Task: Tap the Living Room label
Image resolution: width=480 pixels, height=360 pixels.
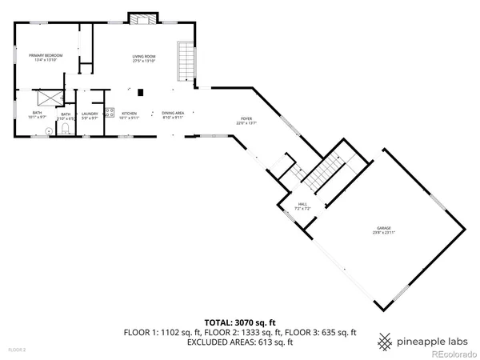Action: pos(143,57)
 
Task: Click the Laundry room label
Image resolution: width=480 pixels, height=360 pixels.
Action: pos(90,115)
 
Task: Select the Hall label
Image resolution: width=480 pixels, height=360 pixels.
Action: pos(302,206)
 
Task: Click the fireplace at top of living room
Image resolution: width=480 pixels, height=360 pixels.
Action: pos(141,18)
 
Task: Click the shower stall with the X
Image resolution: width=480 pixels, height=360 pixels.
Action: pos(53,96)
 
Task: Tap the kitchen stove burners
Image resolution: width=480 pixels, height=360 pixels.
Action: pos(110,112)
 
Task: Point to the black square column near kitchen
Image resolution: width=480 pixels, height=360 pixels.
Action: pos(141,91)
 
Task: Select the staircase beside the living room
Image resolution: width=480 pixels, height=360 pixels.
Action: pos(186,62)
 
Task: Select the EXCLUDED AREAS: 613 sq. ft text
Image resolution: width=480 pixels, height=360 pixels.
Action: pos(240,342)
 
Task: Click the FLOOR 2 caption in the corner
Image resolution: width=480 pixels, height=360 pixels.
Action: pos(17,350)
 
